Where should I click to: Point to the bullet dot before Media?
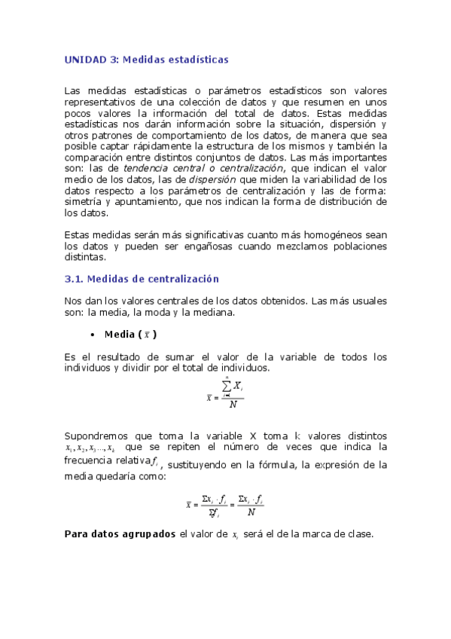click(91, 334)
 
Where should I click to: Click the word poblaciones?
click(355, 246)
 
